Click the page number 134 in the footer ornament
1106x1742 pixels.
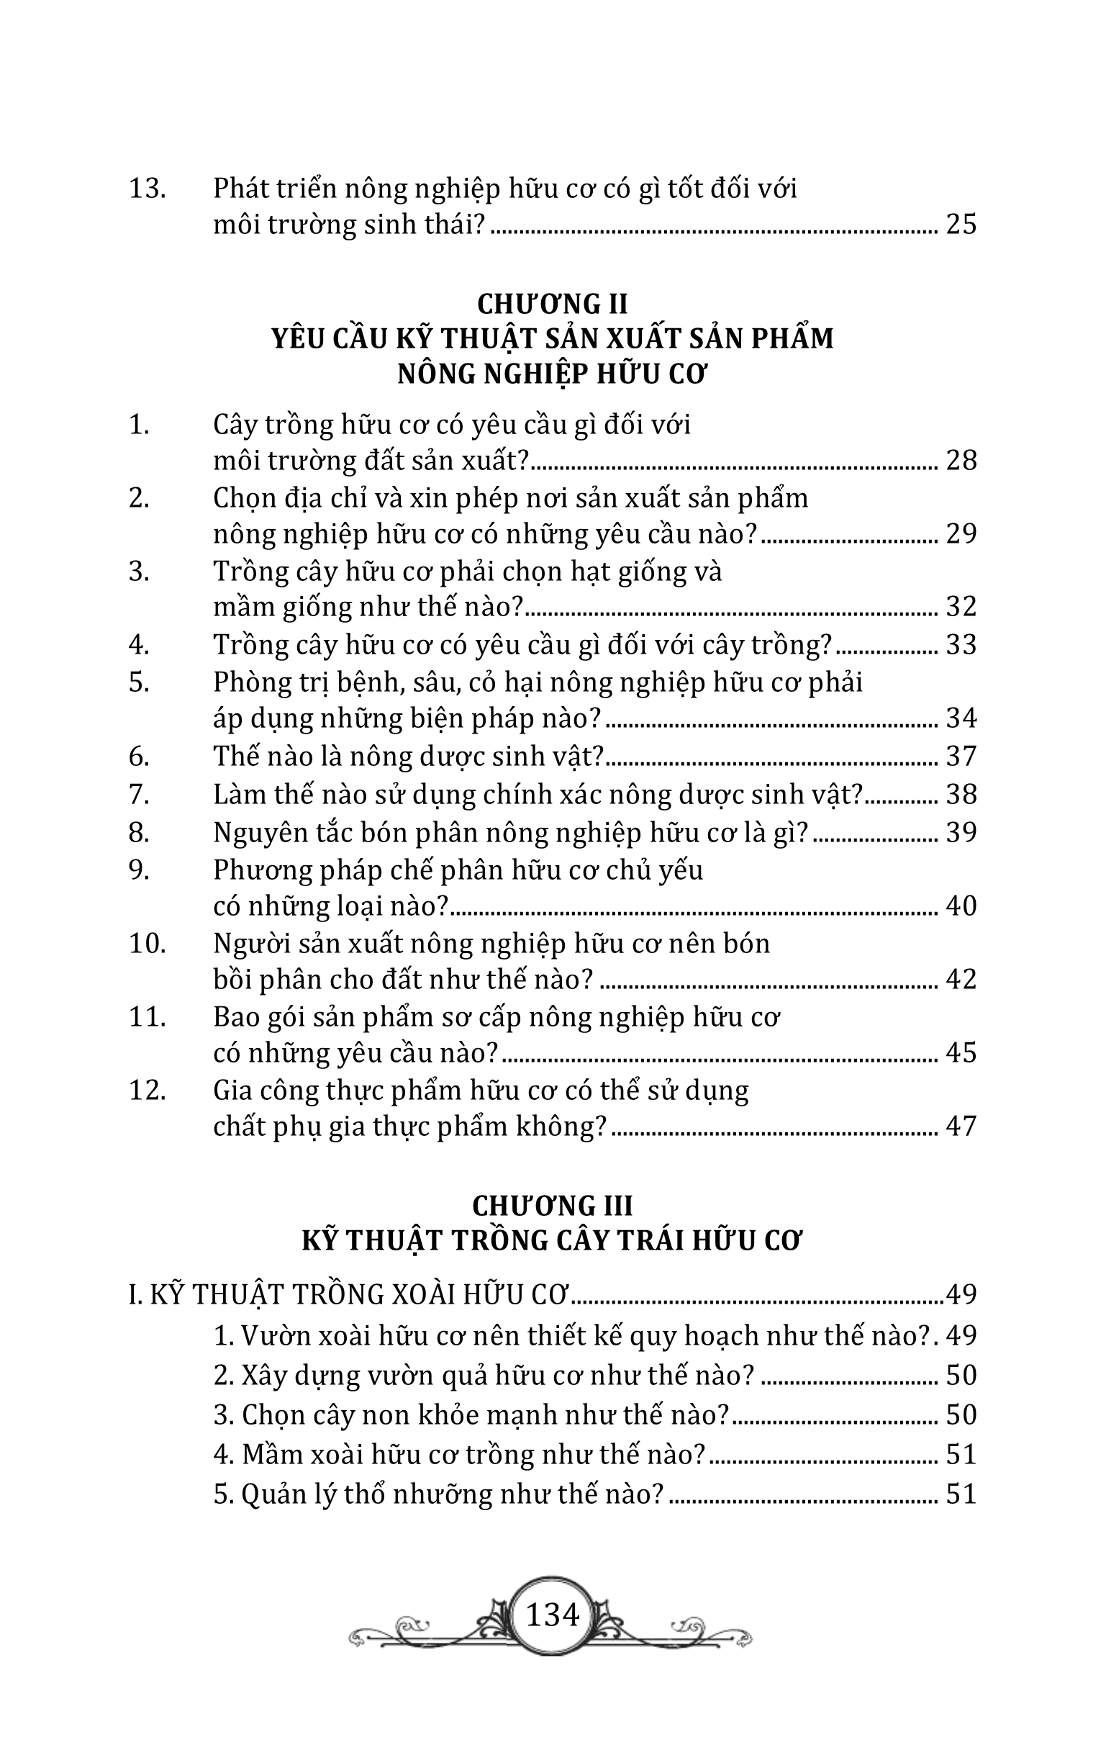[553, 1614]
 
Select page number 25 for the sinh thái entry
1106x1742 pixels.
[961, 225]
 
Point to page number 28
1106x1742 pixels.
[961, 460]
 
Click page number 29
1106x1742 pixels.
[961, 534]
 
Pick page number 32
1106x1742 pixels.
[961, 606]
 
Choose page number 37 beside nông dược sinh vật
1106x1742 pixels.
[961, 756]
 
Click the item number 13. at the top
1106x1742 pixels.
[147, 189]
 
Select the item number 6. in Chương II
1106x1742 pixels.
[139, 756]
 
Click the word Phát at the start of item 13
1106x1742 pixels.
[240, 189]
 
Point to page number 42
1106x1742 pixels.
[961, 980]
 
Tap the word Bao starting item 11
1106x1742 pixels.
[236, 1016]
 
